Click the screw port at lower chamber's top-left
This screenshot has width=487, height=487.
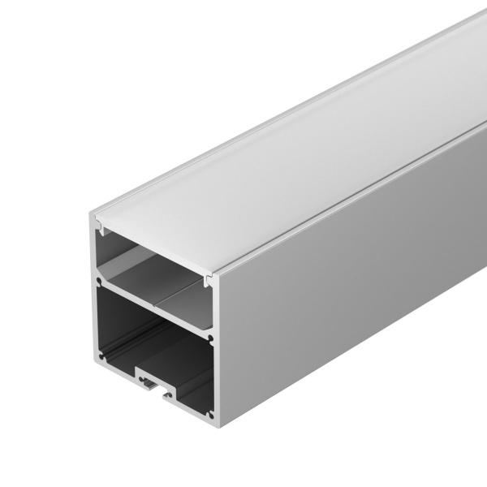(x=100, y=285)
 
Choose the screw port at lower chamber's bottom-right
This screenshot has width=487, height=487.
(x=209, y=408)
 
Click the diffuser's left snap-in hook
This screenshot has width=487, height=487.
(x=97, y=222)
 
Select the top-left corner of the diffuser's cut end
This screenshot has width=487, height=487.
(x=91, y=212)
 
